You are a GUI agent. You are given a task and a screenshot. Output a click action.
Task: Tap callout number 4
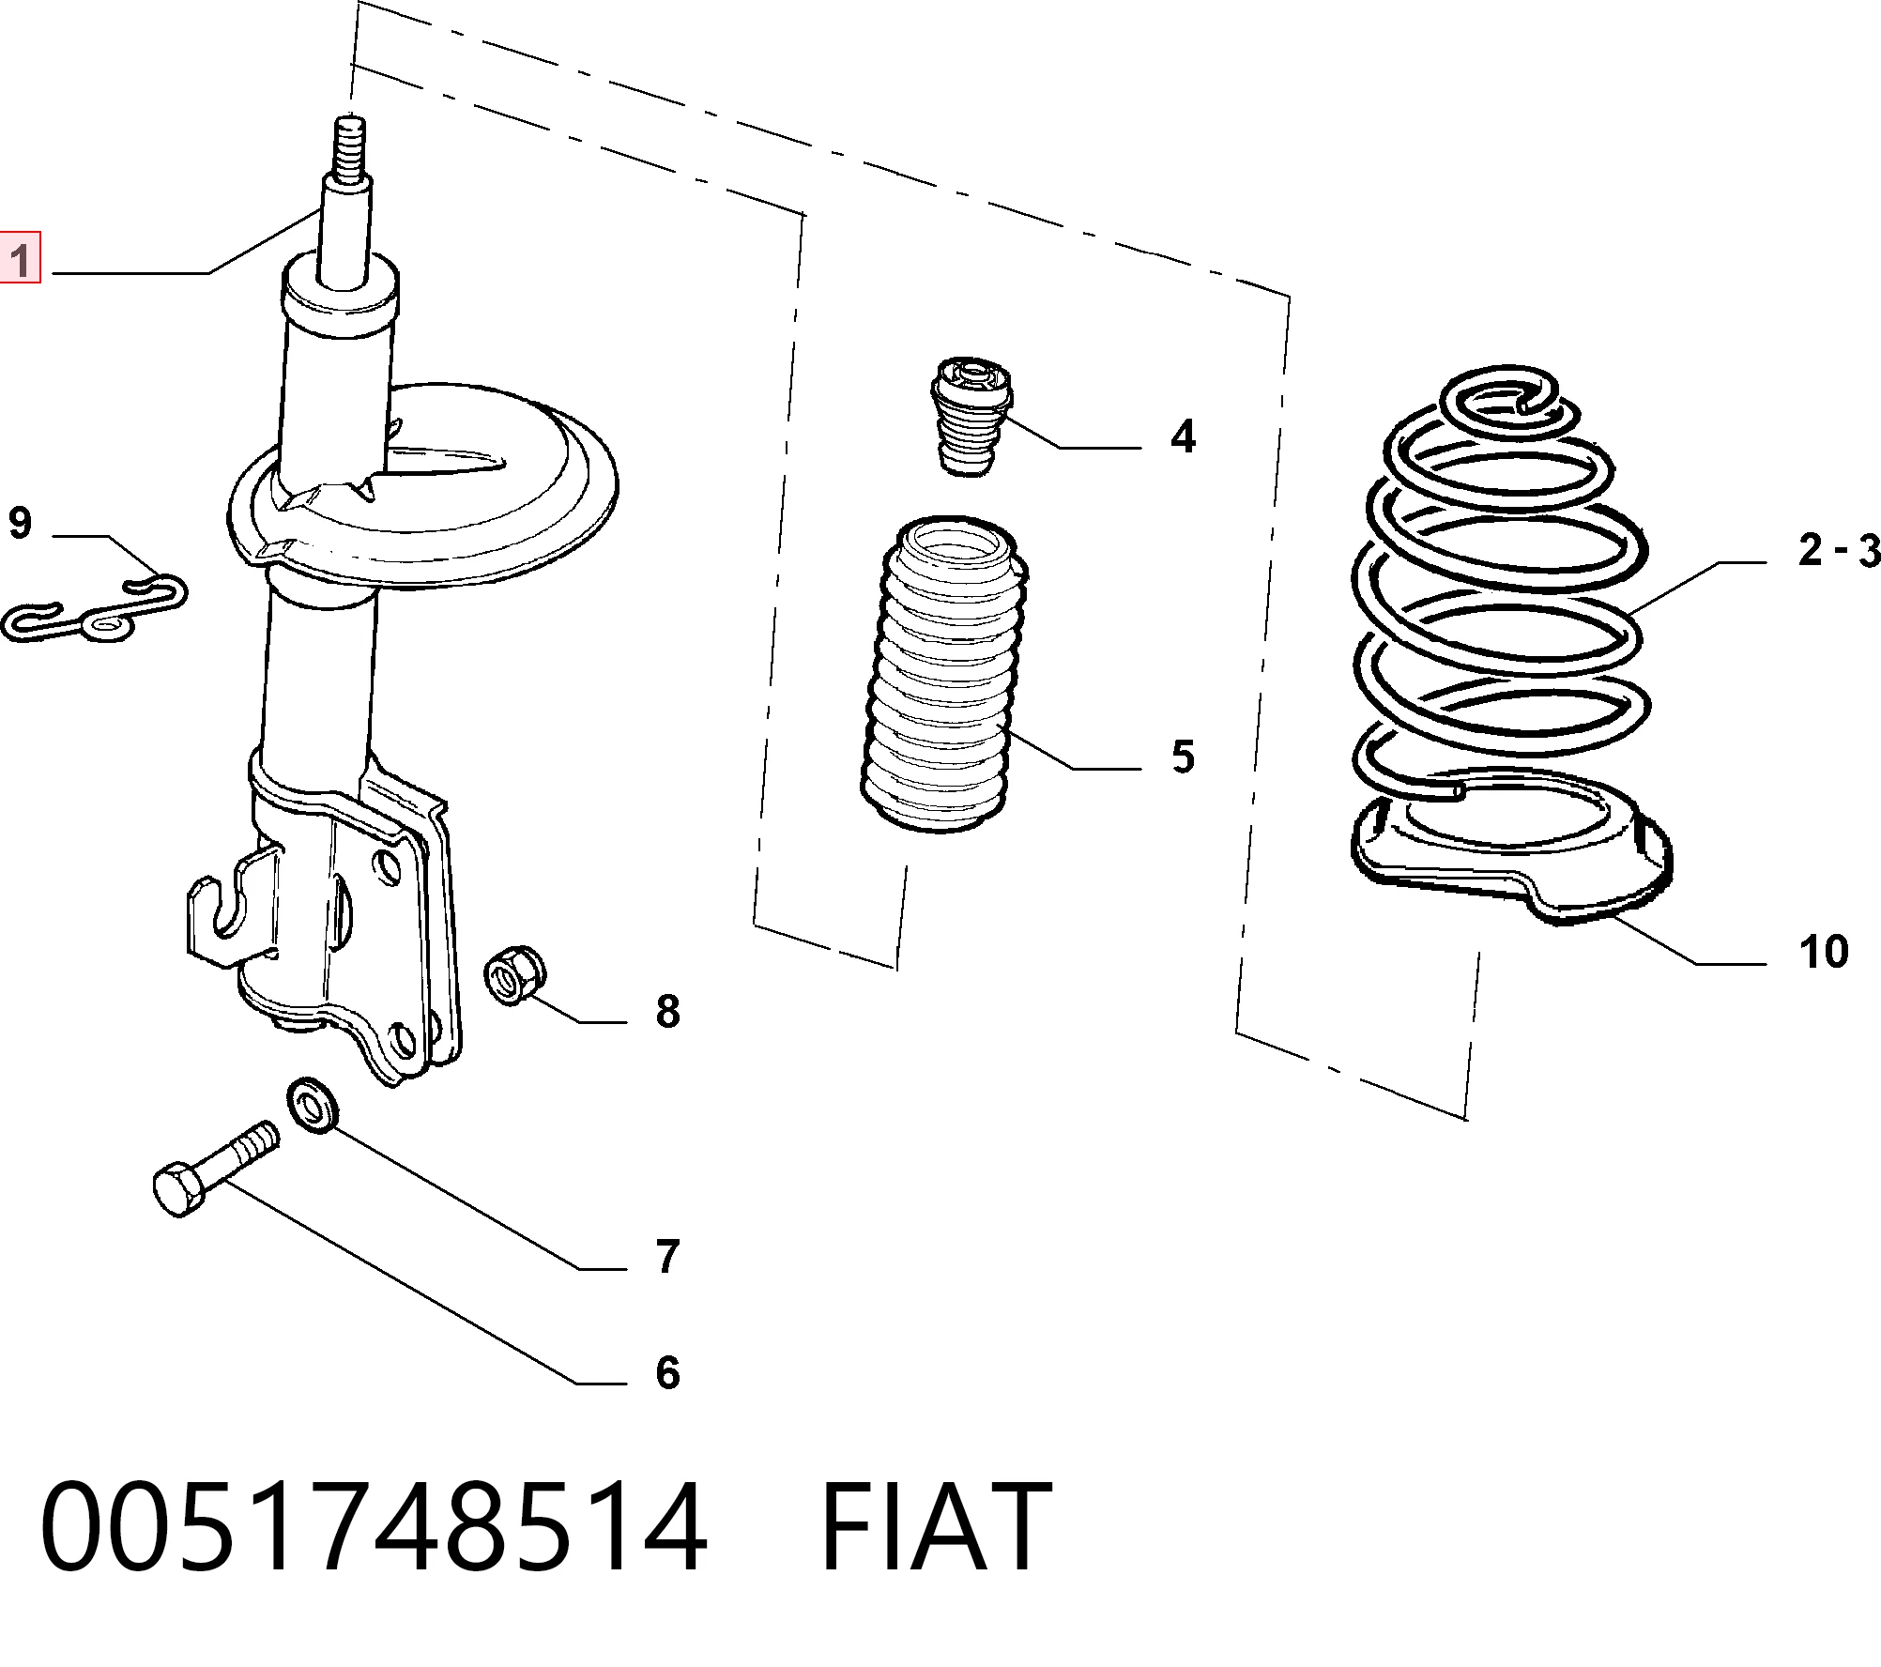pyautogui.click(x=1183, y=437)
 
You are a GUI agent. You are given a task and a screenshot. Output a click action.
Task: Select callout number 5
pyautogui.click(x=1183, y=757)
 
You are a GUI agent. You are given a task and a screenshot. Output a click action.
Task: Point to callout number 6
pyautogui.click(x=666, y=1372)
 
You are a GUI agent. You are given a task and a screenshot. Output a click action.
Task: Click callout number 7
pyautogui.click(x=666, y=1257)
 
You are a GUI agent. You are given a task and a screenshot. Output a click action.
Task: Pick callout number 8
pyautogui.click(x=667, y=1012)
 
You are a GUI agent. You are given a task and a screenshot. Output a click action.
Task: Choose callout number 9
pyautogui.click(x=20, y=522)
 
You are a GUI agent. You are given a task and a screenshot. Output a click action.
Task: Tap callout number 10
pyautogui.click(x=1824, y=952)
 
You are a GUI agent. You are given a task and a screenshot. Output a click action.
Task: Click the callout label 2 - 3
pyautogui.click(x=1839, y=550)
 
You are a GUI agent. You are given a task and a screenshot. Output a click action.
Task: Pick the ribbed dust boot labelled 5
pyautogui.click(x=945, y=676)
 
